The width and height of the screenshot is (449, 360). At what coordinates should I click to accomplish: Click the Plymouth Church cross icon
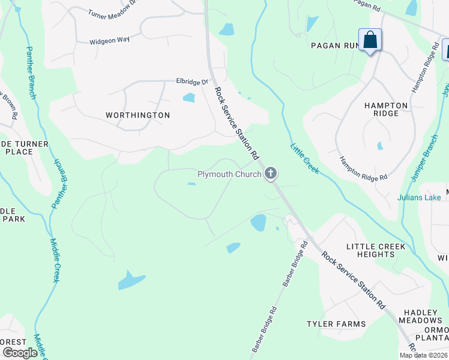[271, 174]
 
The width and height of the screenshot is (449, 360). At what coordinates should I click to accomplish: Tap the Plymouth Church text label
[229, 175]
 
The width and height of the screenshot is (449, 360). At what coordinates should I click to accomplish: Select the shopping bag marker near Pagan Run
[370, 41]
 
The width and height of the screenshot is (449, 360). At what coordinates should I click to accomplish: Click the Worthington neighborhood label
[137, 115]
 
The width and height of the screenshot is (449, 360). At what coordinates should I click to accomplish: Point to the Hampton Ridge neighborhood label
[386, 109]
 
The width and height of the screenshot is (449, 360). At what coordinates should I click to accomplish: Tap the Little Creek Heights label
[376, 250]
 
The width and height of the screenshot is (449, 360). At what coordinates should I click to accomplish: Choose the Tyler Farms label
[336, 324]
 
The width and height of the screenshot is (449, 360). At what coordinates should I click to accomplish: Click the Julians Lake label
[419, 197]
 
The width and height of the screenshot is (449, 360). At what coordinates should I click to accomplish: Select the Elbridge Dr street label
[191, 81]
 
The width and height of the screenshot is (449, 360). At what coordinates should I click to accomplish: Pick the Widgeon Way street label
[110, 41]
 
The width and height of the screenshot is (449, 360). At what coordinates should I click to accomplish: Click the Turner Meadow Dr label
[113, 13]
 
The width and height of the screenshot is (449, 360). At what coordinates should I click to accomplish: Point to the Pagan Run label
[334, 45]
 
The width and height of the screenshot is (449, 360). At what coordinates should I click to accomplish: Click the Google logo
[20, 353]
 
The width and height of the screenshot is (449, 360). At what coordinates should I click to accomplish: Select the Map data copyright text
[423, 355]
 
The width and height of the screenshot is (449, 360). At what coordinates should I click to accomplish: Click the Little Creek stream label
[305, 159]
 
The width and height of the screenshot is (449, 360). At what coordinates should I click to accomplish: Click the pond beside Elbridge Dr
[189, 97]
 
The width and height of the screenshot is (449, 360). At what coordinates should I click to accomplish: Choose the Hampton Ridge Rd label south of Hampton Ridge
[364, 169]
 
